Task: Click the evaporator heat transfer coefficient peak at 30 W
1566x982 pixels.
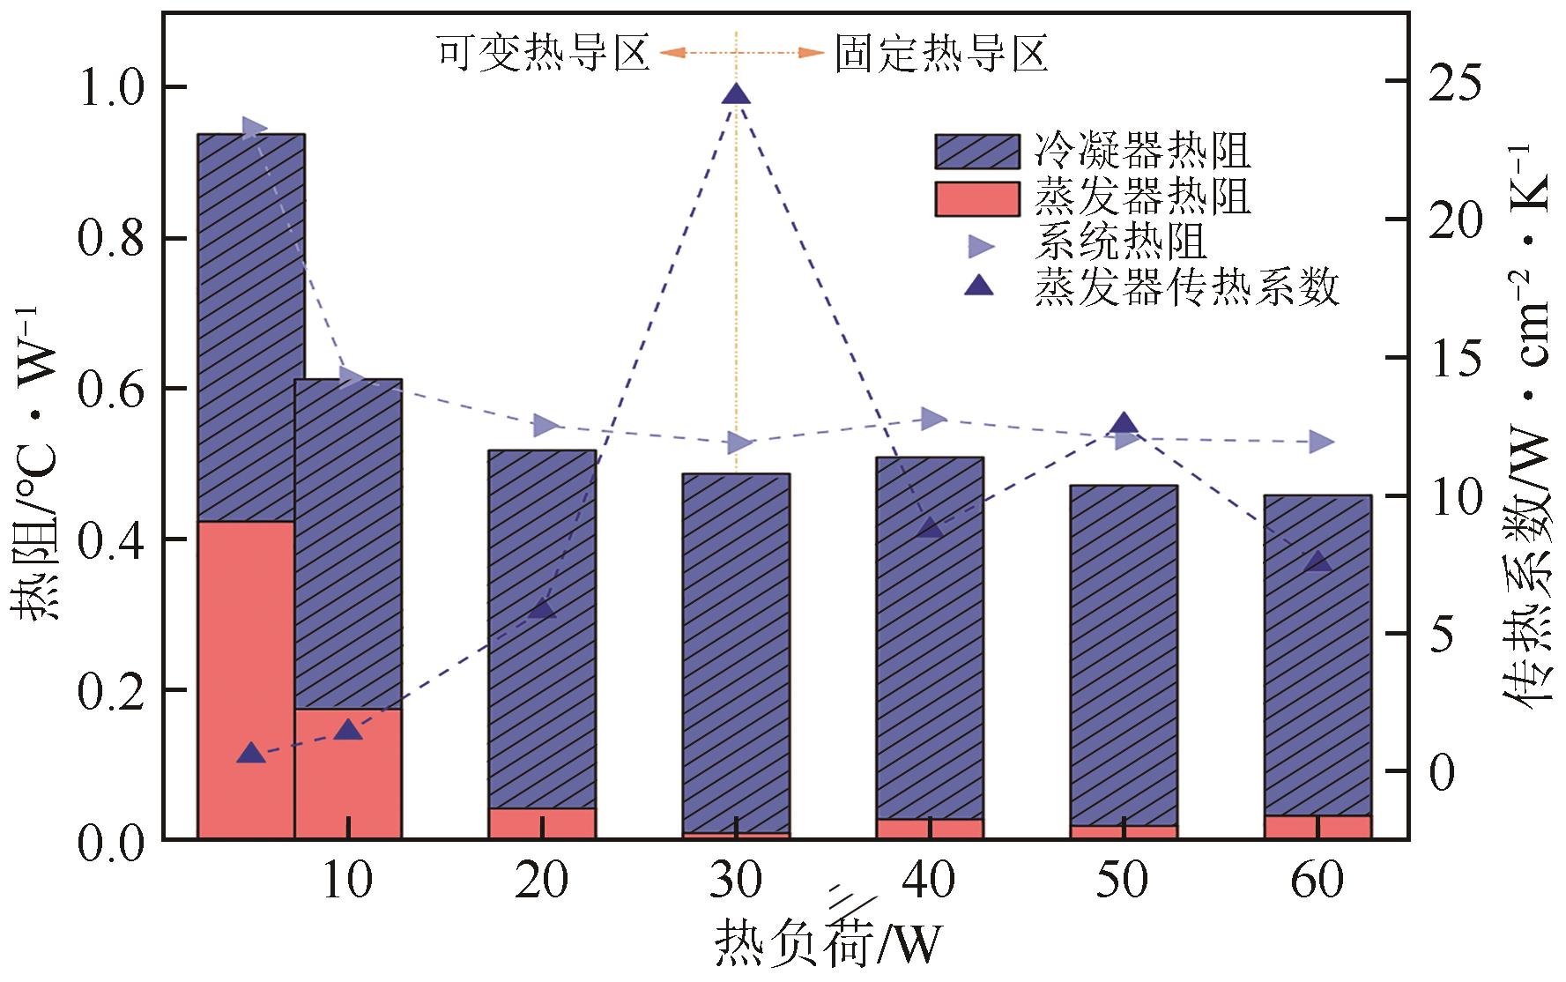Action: [x=736, y=94]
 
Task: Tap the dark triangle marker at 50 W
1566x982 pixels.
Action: [x=1124, y=424]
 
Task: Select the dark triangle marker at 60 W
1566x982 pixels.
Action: [x=1317, y=562]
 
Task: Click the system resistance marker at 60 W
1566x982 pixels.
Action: [x=1320, y=442]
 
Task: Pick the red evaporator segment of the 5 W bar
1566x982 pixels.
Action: [x=246, y=679]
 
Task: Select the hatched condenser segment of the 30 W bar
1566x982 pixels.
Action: [x=736, y=652]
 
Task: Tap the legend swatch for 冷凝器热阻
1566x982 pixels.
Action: [x=976, y=152]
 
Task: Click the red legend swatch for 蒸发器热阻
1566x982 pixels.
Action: [x=976, y=198]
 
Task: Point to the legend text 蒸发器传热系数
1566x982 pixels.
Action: [x=1187, y=286]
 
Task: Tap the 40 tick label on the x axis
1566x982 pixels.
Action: [x=930, y=880]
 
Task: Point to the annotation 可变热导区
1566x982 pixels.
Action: [x=544, y=54]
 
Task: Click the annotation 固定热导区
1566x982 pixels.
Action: [x=941, y=54]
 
